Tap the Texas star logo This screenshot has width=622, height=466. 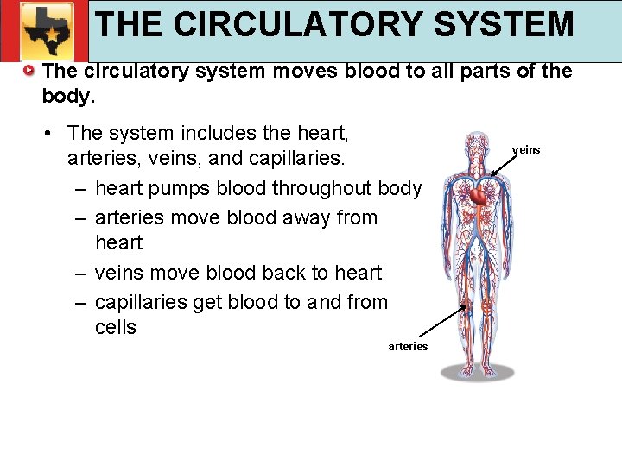pyautogui.click(x=44, y=31)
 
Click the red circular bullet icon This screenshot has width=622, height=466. pyautogui.click(x=30, y=71)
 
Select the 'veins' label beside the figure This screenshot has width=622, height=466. pyautogui.click(x=526, y=150)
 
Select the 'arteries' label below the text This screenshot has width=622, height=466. pyautogui.click(x=408, y=347)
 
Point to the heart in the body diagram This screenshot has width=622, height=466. pyautogui.click(x=479, y=197)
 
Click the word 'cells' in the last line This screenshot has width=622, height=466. pyautogui.click(x=116, y=327)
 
